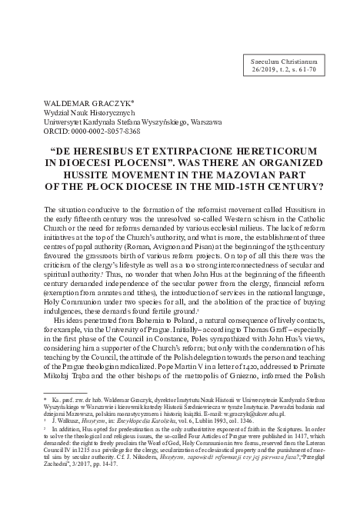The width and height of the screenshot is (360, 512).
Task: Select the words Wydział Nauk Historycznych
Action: [x=82, y=111]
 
